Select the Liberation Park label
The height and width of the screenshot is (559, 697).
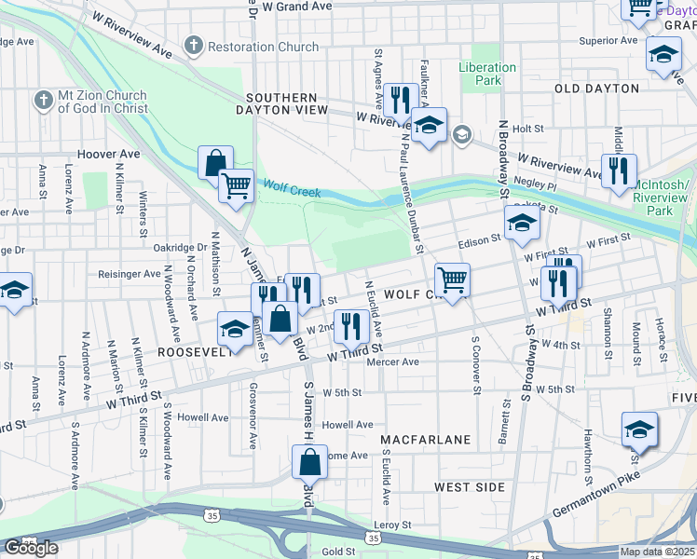[486, 74]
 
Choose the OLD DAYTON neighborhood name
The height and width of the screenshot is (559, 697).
[596, 89]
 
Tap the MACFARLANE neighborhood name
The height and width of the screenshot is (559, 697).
[425, 438]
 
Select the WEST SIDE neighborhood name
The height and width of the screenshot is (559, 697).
[470, 487]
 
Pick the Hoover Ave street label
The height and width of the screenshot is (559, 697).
[109, 154]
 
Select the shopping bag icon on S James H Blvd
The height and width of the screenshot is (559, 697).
[309, 461]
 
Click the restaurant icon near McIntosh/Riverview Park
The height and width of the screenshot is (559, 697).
[618, 171]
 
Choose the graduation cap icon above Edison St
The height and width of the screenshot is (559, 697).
[522, 224]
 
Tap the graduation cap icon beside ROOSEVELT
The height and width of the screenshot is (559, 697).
[235, 328]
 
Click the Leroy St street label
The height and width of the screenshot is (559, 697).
[392, 525]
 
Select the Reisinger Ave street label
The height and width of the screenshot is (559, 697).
[130, 274]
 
